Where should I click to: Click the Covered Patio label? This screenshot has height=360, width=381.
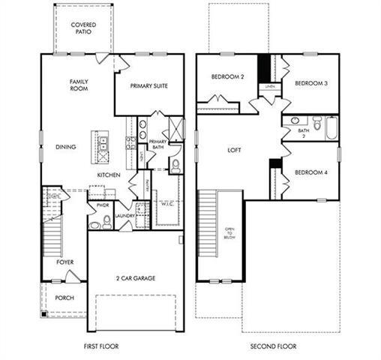point(82,28)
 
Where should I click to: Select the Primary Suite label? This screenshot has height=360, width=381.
point(148,85)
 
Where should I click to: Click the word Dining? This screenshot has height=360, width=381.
point(65,147)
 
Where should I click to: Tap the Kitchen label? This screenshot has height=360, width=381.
point(109,175)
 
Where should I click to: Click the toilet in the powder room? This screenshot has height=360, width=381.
point(106,221)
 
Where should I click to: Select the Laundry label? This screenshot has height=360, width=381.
point(124,216)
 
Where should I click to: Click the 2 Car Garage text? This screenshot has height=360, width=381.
point(135,278)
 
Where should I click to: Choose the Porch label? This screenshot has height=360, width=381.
point(65,298)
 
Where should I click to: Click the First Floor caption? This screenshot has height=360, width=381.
point(103,346)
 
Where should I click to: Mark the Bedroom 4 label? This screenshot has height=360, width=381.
point(309,172)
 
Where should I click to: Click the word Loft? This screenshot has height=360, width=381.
point(234,150)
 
